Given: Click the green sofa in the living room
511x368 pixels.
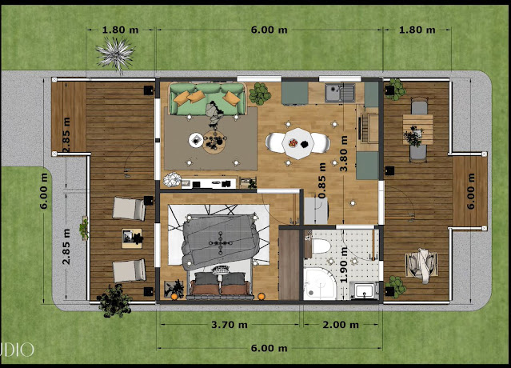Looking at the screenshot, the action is coord(207,98).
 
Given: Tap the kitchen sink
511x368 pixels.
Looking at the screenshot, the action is coord(340,92).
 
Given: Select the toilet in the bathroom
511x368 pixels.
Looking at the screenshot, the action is coord(319,246).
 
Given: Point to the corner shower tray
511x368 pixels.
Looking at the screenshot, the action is coord(319,283).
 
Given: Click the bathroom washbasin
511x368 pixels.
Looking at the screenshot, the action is coord(364,290).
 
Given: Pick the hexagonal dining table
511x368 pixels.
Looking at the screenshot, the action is coord(298,142).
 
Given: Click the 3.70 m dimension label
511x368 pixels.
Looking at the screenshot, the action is coord(230,325).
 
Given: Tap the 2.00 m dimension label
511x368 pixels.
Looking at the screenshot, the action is coord(341,325).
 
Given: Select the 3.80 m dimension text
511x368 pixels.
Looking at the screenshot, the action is coord(344,154).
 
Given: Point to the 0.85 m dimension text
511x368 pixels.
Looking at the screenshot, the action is coord(321,180).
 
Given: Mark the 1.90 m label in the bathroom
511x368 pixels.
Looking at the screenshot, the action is coord(344,264).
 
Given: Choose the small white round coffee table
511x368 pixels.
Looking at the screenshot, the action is coord(196,140).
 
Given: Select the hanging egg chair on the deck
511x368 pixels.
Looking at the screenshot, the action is coord(421,265).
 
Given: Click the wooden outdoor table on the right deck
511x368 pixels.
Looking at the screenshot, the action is coord(417,129).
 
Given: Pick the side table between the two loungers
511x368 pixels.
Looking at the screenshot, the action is coord(132,238).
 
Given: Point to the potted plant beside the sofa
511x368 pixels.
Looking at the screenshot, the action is coord(260,94).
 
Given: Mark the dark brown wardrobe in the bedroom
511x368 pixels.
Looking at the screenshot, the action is coord(289,265).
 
